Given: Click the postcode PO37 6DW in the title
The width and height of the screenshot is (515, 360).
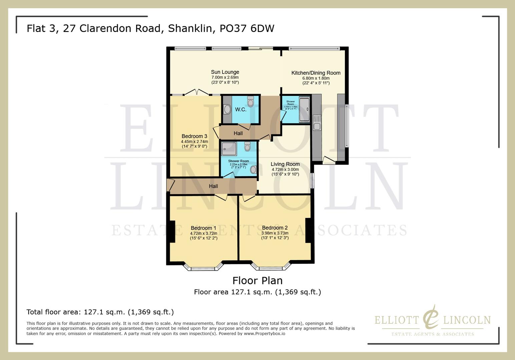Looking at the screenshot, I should click(x=247, y=28).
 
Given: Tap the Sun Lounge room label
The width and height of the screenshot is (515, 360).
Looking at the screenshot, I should click(x=225, y=72).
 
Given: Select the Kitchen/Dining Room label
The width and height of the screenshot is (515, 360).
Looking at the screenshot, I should click(x=316, y=73).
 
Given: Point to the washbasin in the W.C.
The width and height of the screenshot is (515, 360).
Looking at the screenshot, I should click(x=227, y=109).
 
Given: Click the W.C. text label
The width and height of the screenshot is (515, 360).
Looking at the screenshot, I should click(x=240, y=110).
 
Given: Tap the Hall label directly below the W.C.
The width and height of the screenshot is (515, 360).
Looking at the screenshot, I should click(x=238, y=133).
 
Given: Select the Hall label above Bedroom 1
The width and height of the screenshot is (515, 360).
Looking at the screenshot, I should click(x=213, y=186).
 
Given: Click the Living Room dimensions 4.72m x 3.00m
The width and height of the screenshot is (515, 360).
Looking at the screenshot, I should click(x=285, y=169).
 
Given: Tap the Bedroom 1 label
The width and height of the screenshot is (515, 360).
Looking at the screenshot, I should click(x=203, y=228).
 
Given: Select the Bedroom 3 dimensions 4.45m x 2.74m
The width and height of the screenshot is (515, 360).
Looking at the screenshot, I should click(x=194, y=141).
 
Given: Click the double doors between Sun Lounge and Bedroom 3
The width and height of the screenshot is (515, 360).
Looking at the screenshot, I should click(x=197, y=92).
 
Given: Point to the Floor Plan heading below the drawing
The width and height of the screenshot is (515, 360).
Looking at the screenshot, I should click(x=257, y=281).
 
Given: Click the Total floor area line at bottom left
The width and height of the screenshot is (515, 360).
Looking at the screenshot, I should click(x=100, y=312).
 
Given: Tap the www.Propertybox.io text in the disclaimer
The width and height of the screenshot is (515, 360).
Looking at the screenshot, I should click(x=264, y=333).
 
